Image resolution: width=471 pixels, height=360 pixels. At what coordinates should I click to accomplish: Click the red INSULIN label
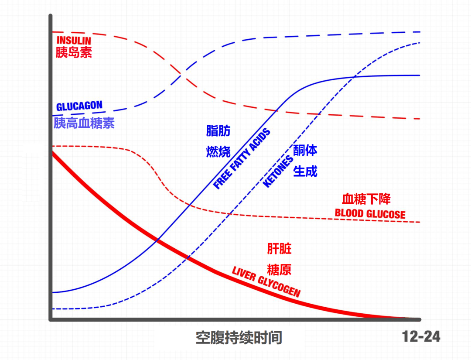(74, 41)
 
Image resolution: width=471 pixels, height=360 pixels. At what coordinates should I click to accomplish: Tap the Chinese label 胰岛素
(74, 52)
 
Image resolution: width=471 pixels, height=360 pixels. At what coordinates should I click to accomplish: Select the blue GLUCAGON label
(79, 106)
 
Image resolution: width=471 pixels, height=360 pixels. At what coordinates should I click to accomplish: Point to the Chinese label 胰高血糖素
(84, 123)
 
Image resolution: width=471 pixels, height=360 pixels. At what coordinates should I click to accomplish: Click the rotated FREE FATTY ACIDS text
(242, 159)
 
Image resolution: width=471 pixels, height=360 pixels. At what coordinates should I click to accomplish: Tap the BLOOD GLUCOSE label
(370, 214)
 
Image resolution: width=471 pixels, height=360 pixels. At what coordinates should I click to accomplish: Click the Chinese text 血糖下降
(366, 199)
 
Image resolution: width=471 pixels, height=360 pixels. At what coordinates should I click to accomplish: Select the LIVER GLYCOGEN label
(266, 281)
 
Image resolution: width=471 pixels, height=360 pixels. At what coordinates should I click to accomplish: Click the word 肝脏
(279, 249)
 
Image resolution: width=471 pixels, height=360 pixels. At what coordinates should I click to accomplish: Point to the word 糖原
(279, 269)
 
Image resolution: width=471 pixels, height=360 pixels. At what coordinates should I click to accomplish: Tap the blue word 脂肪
(218, 131)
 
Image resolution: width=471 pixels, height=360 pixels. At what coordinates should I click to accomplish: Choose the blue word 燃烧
(218, 151)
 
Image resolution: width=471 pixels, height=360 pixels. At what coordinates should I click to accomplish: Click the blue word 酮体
(305, 151)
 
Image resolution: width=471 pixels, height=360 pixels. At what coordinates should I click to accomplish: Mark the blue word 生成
(305, 171)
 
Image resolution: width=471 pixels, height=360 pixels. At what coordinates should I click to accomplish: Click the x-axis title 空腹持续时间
(239, 338)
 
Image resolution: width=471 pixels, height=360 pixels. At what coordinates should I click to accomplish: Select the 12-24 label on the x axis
(421, 336)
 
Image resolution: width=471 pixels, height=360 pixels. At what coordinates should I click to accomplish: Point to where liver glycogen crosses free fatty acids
(157, 240)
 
